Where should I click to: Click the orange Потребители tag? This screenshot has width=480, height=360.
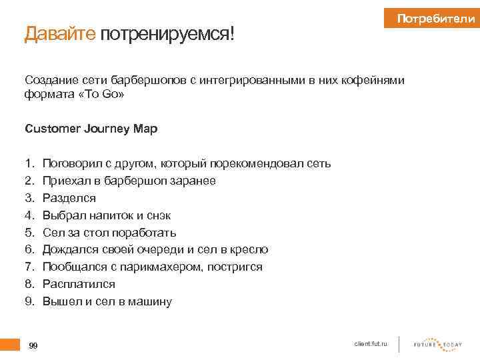pyautogui.click(x=434, y=19)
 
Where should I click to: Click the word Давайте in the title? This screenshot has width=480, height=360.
pyautogui.click(x=61, y=33)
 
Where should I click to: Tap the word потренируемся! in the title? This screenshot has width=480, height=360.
pyautogui.click(x=168, y=34)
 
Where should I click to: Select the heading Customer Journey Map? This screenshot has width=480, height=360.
pyautogui.click(x=91, y=129)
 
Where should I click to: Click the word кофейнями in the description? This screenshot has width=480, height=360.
pyautogui.click(x=371, y=81)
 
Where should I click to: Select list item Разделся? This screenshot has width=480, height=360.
pyautogui.click(x=69, y=198)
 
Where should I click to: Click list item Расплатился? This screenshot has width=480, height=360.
pyautogui.click(x=79, y=285)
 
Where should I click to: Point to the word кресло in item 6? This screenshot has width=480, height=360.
pyautogui.click(x=248, y=250)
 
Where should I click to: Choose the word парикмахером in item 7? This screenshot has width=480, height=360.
pyautogui.click(x=172, y=267)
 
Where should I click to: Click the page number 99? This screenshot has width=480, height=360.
pyautogui.click(x=33, y=345)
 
